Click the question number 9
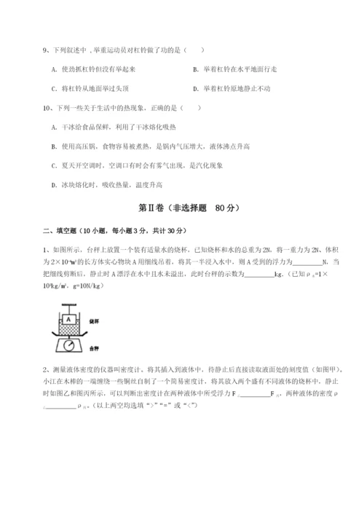[46, 50]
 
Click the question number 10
[47, 107]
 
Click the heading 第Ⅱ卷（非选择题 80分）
[181, 208]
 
